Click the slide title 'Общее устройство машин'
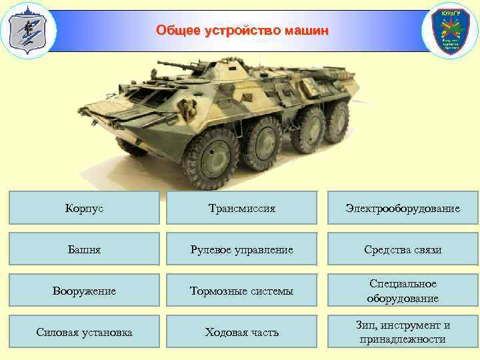pos(242,31)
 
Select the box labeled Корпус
pos(85,208)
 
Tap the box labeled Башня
pos(85,249)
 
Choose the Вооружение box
pos(85,291)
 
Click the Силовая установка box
pos(85,332)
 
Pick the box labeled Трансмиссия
pos(242,208)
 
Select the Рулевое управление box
pos(242,249)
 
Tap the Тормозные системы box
pos(242,291)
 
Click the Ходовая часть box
pos(242,332)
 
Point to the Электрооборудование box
pos(402,208)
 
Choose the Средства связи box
pos(402,249)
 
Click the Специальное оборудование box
pos(402,291)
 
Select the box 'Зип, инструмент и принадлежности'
pos(402,332)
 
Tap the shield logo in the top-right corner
pos(451,31)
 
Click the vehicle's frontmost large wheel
pos(212,157)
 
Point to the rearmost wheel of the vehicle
pos(336,121)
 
